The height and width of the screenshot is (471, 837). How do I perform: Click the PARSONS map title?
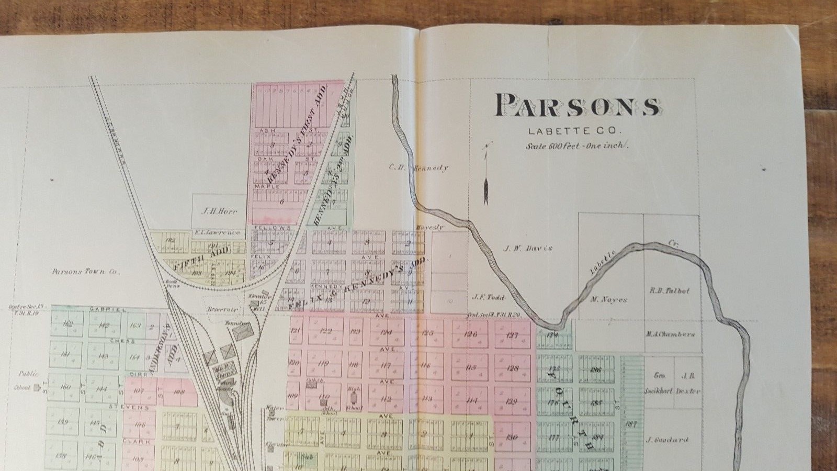pos(576,106)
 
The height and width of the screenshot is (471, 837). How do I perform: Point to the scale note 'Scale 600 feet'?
pos(576,146)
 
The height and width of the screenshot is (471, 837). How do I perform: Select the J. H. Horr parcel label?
pos(219,212)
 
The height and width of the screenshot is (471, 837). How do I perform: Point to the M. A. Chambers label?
pos(670,334)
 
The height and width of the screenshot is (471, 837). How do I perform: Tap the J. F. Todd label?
pos(488,297)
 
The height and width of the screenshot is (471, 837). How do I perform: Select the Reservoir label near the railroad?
pos(222,309)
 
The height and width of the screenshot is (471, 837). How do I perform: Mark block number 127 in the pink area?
pos(512,335)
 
